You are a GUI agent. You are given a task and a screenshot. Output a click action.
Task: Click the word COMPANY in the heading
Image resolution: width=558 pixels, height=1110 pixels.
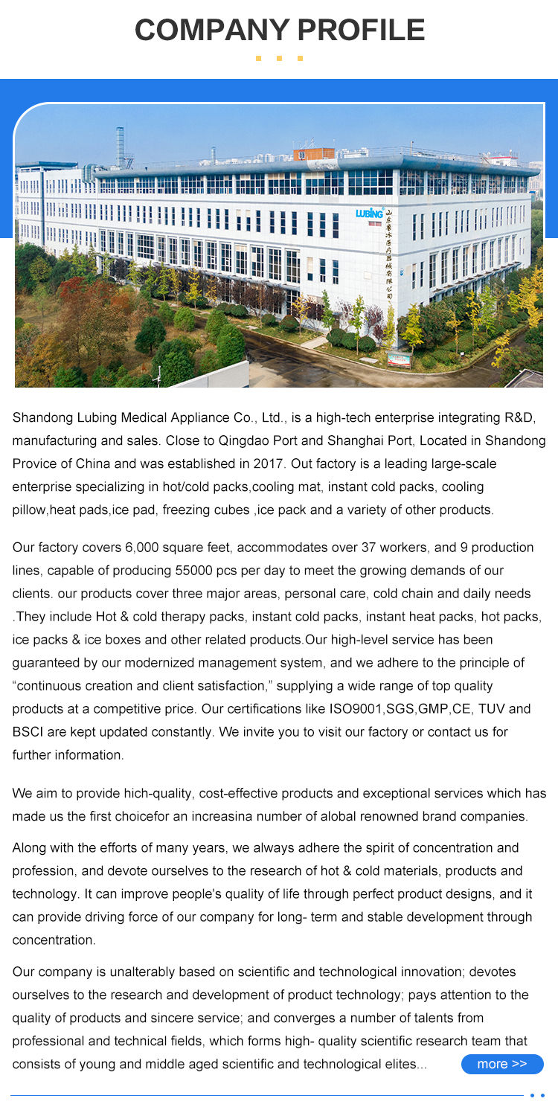pyautogui.click(x=211, y=30)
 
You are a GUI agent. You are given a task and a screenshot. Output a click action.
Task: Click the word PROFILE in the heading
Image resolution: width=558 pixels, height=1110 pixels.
pyautogui.click(x=361, y=30)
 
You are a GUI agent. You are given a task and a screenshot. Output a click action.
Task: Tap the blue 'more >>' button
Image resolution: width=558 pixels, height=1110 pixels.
pyautogui.click(x=502, y=1064)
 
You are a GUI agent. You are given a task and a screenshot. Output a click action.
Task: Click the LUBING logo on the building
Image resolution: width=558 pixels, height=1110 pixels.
pyautogui.click(x=369, y=214)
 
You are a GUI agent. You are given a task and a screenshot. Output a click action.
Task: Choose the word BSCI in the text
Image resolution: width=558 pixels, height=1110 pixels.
pyautogui.click(x=28, y=732)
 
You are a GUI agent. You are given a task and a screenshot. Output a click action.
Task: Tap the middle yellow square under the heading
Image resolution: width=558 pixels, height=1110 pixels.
pyautogui.click(x=279, y=58)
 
